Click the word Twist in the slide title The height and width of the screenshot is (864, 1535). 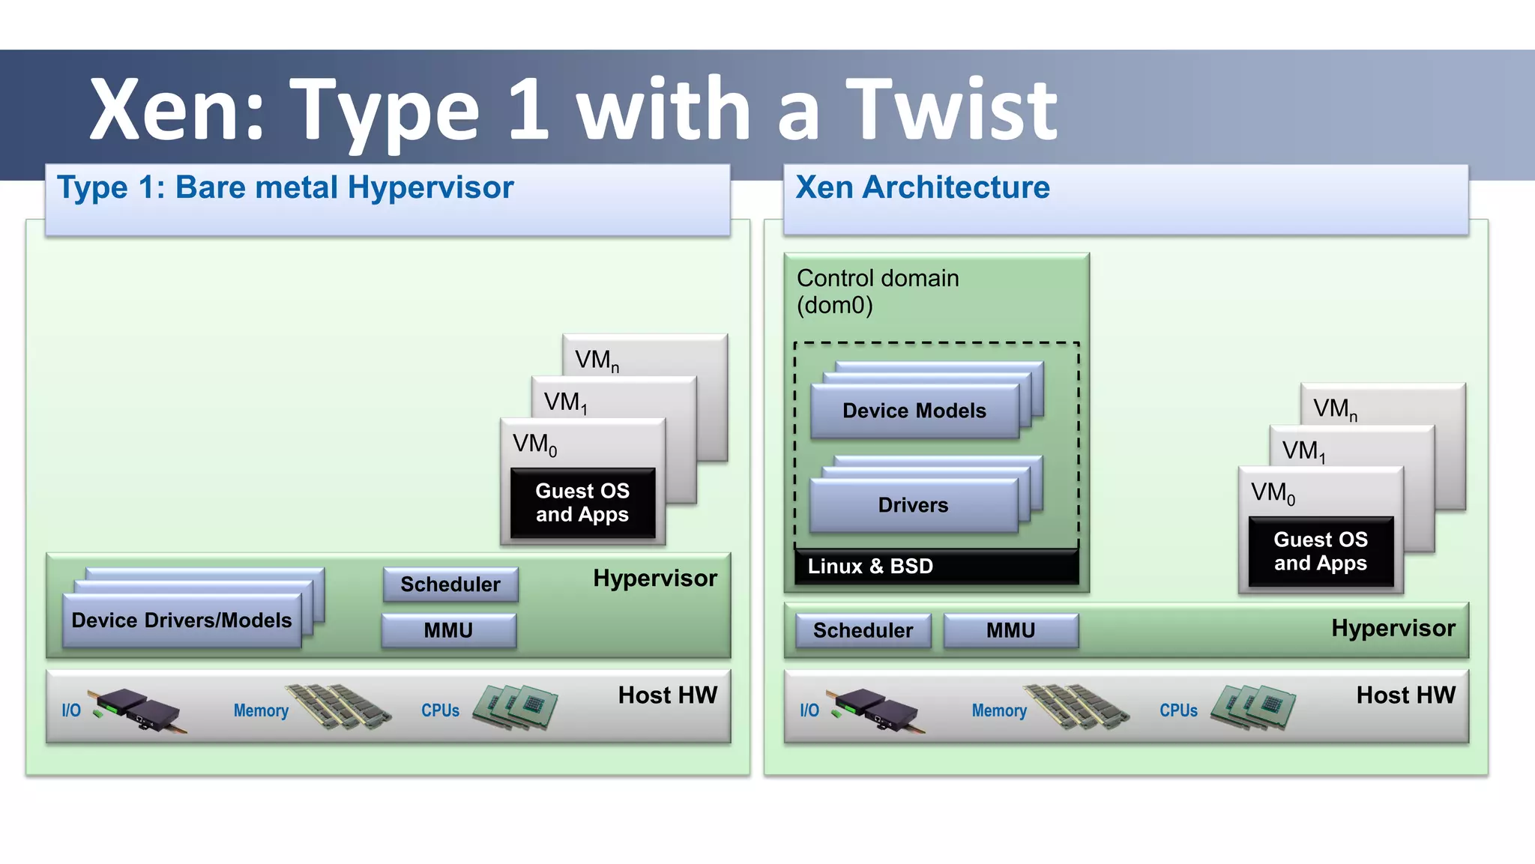pyautogui.click(x=952, y=111)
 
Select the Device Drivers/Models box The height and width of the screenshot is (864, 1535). pyautogui.click(x=181, y=620)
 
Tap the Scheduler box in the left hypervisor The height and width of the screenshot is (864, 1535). pyautogui.click(x=450, y=584)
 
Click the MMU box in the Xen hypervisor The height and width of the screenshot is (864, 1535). pyautogui.click(x=1010, y=630)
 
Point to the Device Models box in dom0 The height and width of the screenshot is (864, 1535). pyautogui.click(x=914, y=411)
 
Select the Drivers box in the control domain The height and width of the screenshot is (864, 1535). pyautogui.click(x=913, y=505)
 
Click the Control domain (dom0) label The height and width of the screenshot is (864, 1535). pyautogui.click(x=877, y=291)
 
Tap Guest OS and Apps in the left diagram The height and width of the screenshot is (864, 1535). pyautogui.click(x=582, y=503)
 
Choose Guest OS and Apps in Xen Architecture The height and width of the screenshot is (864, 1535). pyautogui.click(x=1321, y=552)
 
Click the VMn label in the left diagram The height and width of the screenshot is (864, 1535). pyautogui.click(x=597, y=360)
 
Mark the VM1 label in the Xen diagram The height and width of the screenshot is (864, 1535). pyautogui.click(x=1303, y=451)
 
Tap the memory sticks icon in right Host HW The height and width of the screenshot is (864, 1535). pyautogui.click(x=1077, y=707)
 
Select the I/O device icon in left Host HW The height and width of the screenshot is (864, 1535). pyautogui.click(x=136, y=710)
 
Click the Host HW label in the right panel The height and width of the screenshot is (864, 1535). pyautogui.click(x=1405, y=695)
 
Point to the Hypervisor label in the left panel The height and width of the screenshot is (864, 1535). pyautogui.click(x=654, y=578)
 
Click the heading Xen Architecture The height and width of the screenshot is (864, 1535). pyautogui.click(x=922, y=187)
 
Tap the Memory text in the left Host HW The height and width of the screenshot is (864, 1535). pyautogui.click(x=261, y=710)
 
